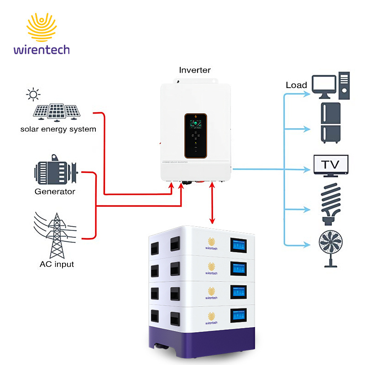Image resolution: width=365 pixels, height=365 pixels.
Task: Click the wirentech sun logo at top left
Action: [x=42, y=27]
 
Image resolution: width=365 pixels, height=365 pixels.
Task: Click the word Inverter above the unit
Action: [x=195, y=70]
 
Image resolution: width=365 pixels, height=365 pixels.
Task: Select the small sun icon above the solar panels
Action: [x=33, y=95]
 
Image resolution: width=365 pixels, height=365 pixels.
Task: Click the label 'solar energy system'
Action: [x=58, y=129]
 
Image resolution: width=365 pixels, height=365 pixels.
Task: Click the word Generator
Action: [x=55, y=192]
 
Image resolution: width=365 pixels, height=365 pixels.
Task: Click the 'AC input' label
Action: [x=57, y=264]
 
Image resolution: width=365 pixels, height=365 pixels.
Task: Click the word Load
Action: [x=297, y=85]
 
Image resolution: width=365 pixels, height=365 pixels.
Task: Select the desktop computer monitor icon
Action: [x=325, y=87]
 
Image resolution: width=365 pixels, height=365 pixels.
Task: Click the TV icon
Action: [x=331, y=165]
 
